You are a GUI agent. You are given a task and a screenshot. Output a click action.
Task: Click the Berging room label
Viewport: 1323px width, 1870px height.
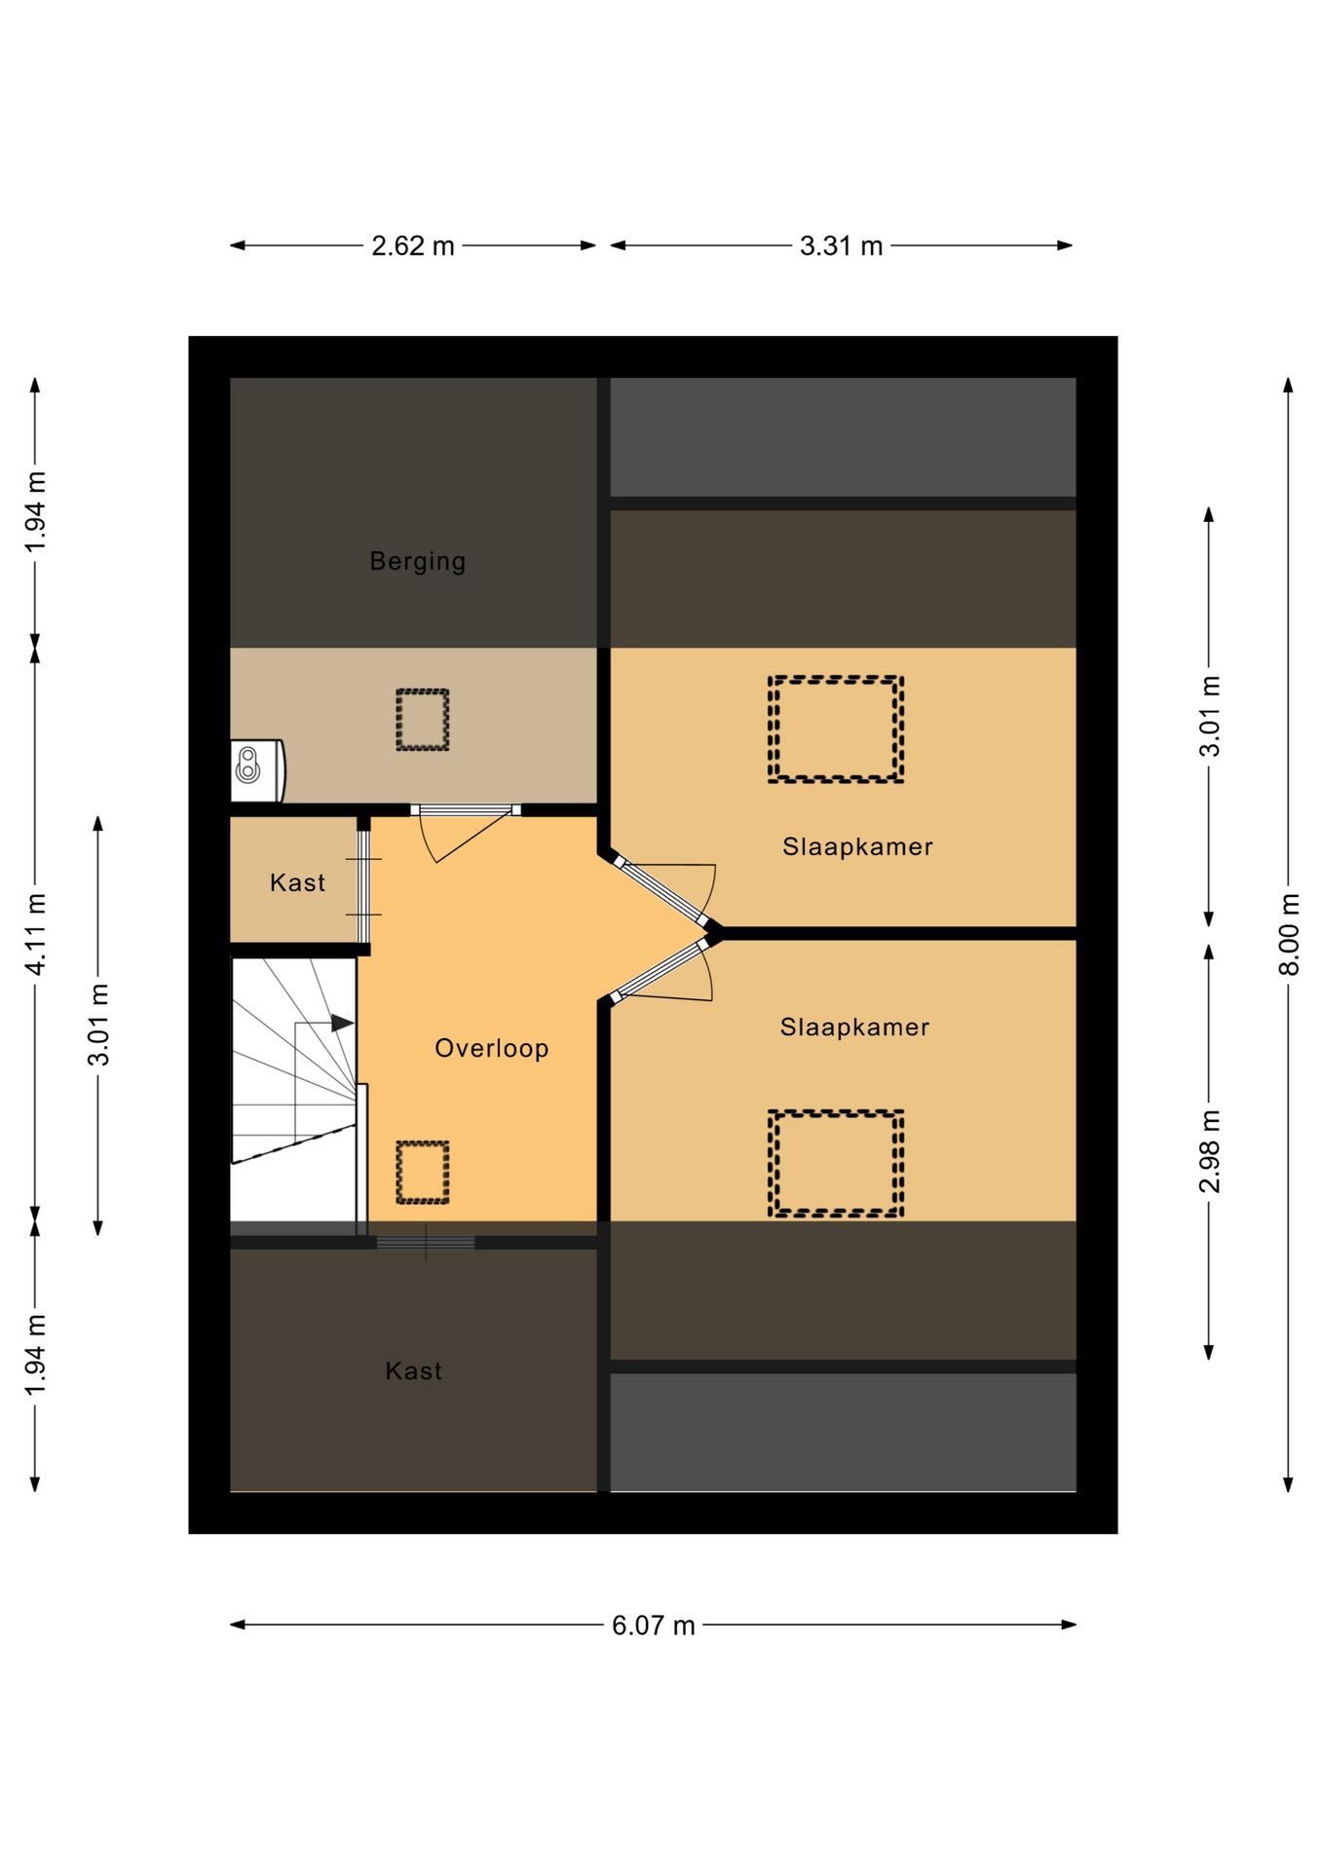point(417,562)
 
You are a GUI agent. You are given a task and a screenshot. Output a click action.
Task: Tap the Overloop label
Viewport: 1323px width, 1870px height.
point(492,1048)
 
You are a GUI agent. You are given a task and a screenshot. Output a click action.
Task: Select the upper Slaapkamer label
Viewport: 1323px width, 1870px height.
point(857,846)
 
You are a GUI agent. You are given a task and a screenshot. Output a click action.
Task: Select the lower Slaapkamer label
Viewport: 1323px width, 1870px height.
point(854,1027)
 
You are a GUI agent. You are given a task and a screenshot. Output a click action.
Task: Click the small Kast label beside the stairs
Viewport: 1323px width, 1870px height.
point(297,882)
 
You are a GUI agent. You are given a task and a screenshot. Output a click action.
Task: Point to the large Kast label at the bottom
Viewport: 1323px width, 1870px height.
point(413,1371)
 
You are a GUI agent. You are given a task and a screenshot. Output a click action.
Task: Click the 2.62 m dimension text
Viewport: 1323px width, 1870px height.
point(413,245)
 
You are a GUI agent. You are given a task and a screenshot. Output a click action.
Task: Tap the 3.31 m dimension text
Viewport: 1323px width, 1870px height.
point(842,245)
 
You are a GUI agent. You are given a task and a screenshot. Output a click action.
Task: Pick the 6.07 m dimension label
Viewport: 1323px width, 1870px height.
point(654,1626)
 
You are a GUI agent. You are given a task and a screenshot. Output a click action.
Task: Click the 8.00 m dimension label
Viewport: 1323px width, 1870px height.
point(1290,933)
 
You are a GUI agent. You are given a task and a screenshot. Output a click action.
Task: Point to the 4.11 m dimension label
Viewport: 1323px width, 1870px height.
point(36,933)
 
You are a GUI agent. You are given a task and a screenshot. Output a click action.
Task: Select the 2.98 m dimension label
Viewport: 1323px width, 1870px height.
point(1210,1151)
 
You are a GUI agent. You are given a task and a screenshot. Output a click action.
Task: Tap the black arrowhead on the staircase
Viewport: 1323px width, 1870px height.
point(342,1023)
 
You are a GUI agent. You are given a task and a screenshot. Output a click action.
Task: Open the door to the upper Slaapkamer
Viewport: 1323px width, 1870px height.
point(661,890)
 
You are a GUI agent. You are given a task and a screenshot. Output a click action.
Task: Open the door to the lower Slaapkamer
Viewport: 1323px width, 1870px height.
point(660,970)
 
